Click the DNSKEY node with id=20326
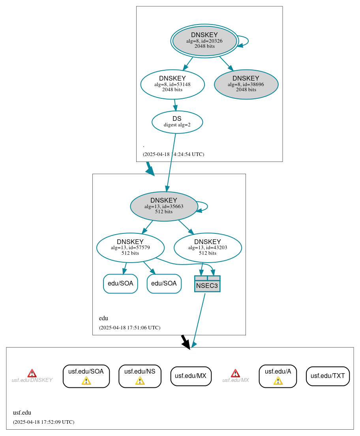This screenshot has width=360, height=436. coord(204,41)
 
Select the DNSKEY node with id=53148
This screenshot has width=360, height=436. coord(172,84)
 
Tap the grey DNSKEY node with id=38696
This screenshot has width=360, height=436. coord(246,84)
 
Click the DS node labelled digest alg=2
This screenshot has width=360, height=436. coord(177,122)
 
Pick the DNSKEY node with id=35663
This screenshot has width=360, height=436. coord(164,206)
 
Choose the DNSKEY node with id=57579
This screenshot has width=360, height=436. coord(130,248)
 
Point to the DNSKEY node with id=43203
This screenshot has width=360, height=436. coord(208,248)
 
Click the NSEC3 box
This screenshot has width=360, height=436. coord(207,284)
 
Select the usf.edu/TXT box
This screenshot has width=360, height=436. coord(328,376)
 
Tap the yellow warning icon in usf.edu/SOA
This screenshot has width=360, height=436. coord(86,380)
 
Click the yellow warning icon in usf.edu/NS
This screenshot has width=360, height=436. coord(140,380)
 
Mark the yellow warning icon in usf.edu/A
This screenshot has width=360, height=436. coord(278,380)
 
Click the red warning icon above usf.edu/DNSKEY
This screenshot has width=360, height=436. coord(32,373)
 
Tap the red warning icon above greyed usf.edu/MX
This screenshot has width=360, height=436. coord(235,373)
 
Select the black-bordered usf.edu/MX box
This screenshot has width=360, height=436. coord(191,376)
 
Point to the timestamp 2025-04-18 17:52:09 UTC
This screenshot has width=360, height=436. coord(43,422)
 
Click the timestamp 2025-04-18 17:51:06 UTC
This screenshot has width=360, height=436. coord(129,328)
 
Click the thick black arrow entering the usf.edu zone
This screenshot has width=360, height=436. coord(185,341)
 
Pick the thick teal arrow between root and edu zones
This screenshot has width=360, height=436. coord(150,169)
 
